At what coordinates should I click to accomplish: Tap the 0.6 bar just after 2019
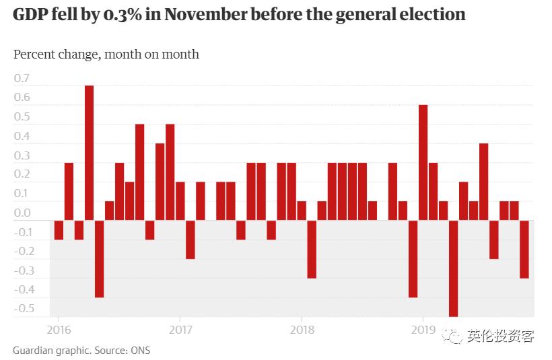click(423, 162)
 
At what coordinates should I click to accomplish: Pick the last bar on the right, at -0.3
click(524, 249)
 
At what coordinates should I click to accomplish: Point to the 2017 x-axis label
click(180, 330)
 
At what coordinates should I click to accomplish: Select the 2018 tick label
click(302, 330)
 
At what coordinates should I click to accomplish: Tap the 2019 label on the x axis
click(423, 330)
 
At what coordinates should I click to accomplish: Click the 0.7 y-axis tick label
click(22, 78)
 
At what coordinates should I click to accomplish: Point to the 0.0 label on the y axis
click(22, 213)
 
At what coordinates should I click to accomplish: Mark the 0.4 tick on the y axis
click(22, 136)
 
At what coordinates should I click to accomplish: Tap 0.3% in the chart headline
click(125, 14)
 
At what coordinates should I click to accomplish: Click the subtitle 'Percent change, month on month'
click(106, 54)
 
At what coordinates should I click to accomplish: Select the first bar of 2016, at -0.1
click(59, 229)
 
